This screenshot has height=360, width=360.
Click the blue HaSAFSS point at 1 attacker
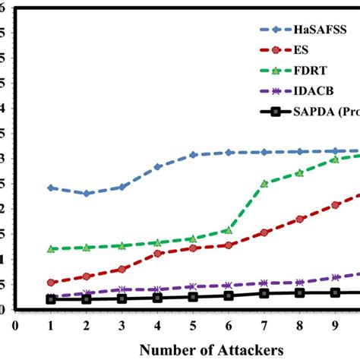51,188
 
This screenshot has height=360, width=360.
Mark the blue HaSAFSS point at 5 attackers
193,155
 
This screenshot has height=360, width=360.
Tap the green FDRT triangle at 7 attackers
264,184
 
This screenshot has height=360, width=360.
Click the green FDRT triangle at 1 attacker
51,249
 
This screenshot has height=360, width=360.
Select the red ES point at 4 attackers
157,254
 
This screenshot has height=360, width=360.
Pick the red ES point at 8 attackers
300,219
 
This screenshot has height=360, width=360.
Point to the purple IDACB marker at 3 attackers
122,290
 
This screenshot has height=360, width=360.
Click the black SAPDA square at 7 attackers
264,293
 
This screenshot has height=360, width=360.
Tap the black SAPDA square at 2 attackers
87,299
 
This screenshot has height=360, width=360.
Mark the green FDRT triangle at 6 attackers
229,230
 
